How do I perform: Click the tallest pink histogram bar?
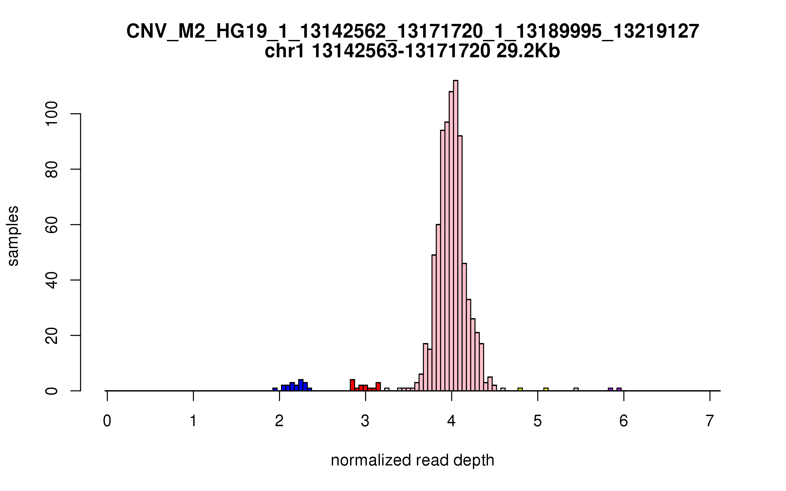(x=456, y=236)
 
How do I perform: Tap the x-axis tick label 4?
(x=451, y=421)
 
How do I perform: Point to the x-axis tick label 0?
(x=107, y=421)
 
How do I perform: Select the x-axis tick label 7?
(x=710, y=421)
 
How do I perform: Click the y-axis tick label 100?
(x=52, y=114)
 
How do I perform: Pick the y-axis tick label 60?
(x=52, y=225)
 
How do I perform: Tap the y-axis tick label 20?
(x=52, y=336)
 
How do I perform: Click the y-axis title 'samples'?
(x=13, y=236)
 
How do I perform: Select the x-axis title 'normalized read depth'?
(x=412, y=460)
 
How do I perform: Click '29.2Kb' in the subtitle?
(x=528, y=51)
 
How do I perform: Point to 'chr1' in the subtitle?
(x=284, y=51)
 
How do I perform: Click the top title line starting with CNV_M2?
(x=413, y=31)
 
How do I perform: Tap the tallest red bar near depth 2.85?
(x=352, y=385)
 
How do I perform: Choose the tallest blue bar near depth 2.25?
(x=301, y=385)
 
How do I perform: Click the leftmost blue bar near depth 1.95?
(x=275, y=390)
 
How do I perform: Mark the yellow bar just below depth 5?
(x=520, y=390)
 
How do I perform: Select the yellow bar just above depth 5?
(x=546, y=390)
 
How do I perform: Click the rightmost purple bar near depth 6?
(x=619, y=390)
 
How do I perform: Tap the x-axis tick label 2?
(x=279, y=421)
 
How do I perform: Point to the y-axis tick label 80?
(x=52, y=169)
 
